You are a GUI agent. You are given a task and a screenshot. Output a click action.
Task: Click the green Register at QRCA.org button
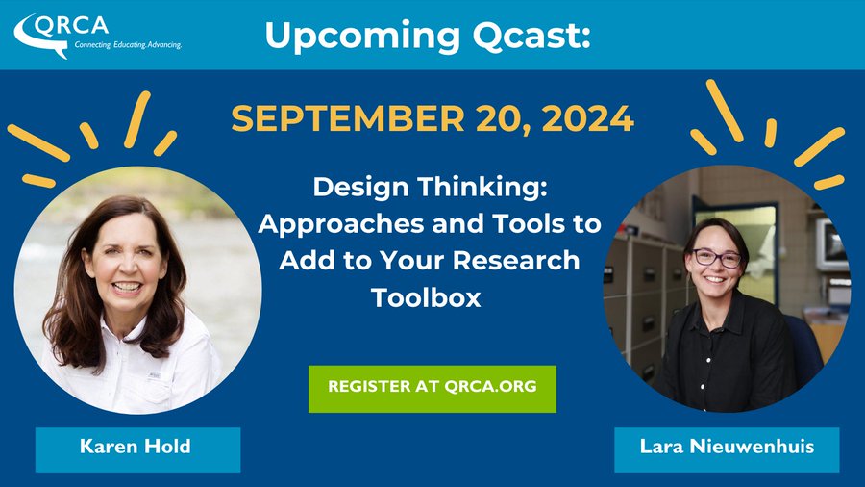point(432,388)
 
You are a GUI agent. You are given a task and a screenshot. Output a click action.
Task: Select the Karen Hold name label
point(136,447)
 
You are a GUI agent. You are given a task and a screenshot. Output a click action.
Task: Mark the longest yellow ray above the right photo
point(726,109)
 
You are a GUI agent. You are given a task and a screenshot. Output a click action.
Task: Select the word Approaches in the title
point(330,223)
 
